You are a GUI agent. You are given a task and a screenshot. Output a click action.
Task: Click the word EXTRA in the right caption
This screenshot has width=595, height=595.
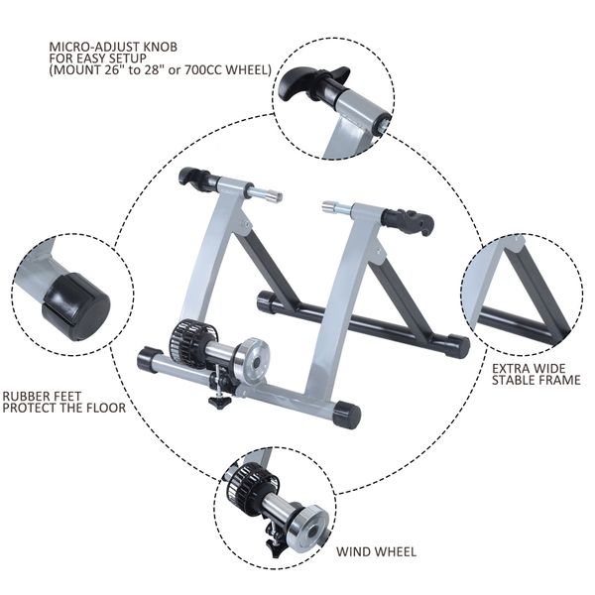514,366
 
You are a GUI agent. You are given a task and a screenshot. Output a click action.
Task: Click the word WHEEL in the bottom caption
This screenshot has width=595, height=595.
398,551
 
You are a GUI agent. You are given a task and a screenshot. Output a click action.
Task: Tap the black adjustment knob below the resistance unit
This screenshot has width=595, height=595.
217,403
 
